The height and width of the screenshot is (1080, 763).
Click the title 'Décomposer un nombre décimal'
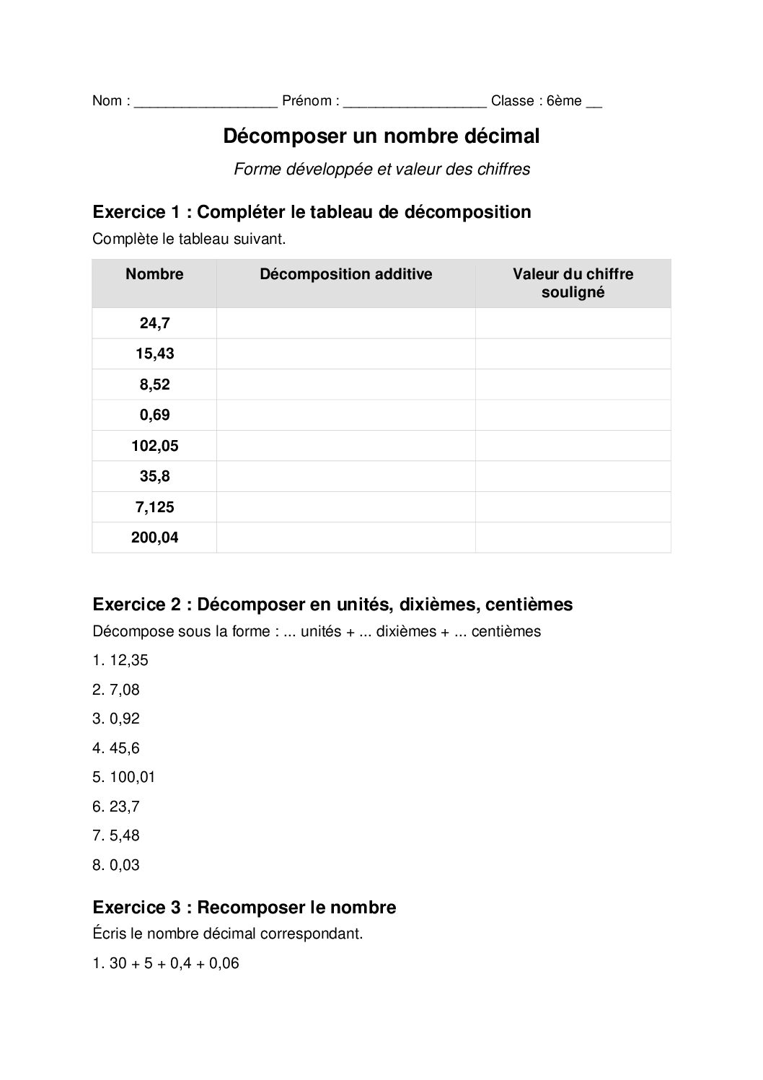pyautogui.click(x=381, y=136)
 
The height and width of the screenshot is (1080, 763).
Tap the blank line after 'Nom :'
pyautogui.click(x=206, y=102)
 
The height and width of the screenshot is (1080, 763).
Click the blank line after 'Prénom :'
pyautogui.click(x=415, y=102)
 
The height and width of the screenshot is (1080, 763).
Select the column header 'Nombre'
pyautogui.click(x=154, y=274)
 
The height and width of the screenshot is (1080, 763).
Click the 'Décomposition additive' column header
pyautogui.click(x=345, y=274)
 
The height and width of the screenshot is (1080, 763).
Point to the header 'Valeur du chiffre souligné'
pyautogui.click(x=573, y=283)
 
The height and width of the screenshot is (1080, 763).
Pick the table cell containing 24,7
pyautogui.click(x=154, y=323)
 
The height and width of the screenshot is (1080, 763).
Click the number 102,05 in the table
pyautogui.click(x=154, y=446)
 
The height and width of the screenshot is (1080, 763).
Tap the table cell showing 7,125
pyautogui.click(x=154, y=507)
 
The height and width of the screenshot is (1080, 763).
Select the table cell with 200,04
pyautogui.click(x=154, y=537)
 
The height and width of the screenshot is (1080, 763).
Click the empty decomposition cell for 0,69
pyautogui.click(x=345, y=415)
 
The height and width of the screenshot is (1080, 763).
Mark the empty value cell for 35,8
pyautogui.click(x=573, y=476)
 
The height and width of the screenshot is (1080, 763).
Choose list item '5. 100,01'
pyautogui.click(x=124, y=777)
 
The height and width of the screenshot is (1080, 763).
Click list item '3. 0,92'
pyautogui.click(x=116, y=719)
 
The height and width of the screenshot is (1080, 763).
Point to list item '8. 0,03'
pyautogui.click(x=116, y=865)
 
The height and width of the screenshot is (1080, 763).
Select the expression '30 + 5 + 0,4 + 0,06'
pyautogui.click(x=174, y=963)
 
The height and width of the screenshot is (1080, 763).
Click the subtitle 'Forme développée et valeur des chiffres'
pyautogui.click(x=381, y=170)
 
